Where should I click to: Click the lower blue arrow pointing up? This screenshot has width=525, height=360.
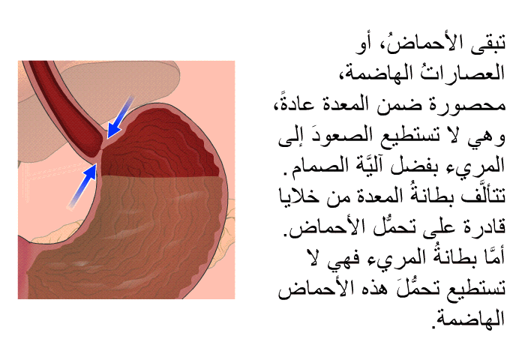tap(83, 185)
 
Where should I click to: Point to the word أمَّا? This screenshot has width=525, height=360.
tap(492, 256)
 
